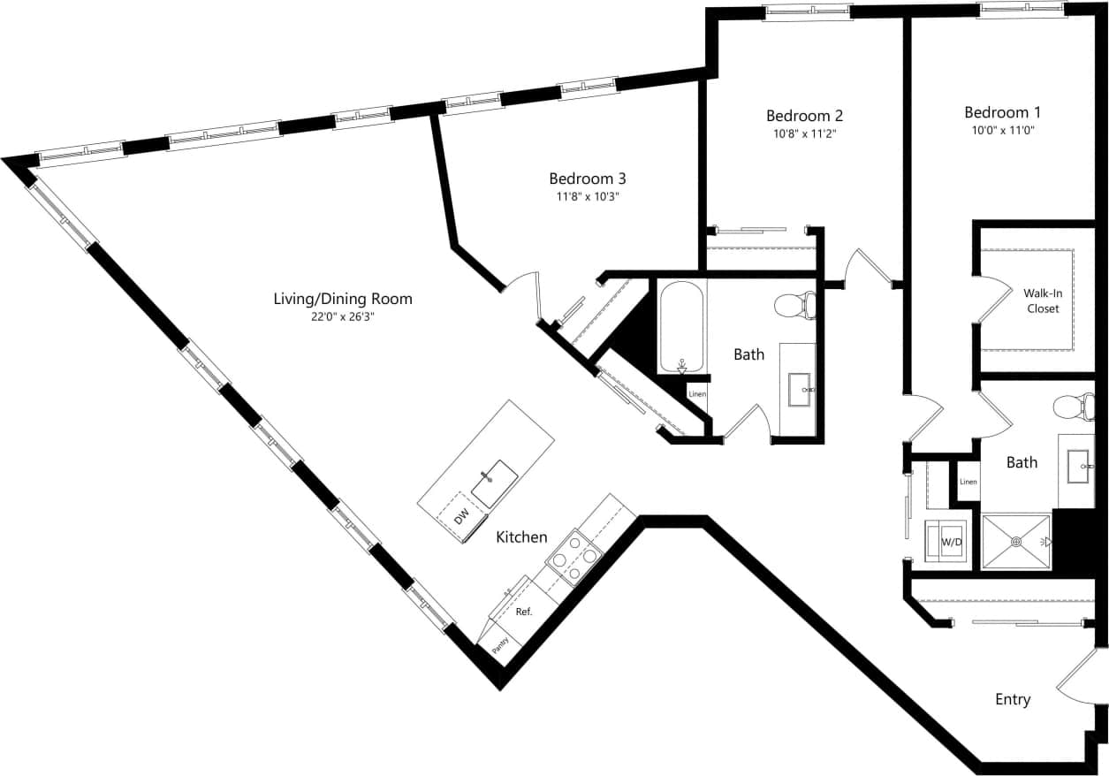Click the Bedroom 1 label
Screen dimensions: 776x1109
[x=1002, y=112]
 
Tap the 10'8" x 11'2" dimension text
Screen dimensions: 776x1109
[x=803, y=133]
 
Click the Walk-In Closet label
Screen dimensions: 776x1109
[x=1042, y=301]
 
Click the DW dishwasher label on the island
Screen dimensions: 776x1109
[x=460, y=515]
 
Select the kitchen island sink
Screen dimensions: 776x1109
[x=493, y=481]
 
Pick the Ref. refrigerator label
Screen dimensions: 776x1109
[x=524, y=612]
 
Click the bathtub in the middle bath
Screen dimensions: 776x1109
[x=681, y=327]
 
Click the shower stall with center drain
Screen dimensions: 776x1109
[x=1016, y=541]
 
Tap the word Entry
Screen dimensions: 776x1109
[x=1013, y=699]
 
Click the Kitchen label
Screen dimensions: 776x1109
[x=521, y=536]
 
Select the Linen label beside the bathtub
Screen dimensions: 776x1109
[x=696, y=393]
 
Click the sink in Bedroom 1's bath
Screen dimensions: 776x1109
[x=1080, y=466]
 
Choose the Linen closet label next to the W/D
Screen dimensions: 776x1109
[x=968, y=482]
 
